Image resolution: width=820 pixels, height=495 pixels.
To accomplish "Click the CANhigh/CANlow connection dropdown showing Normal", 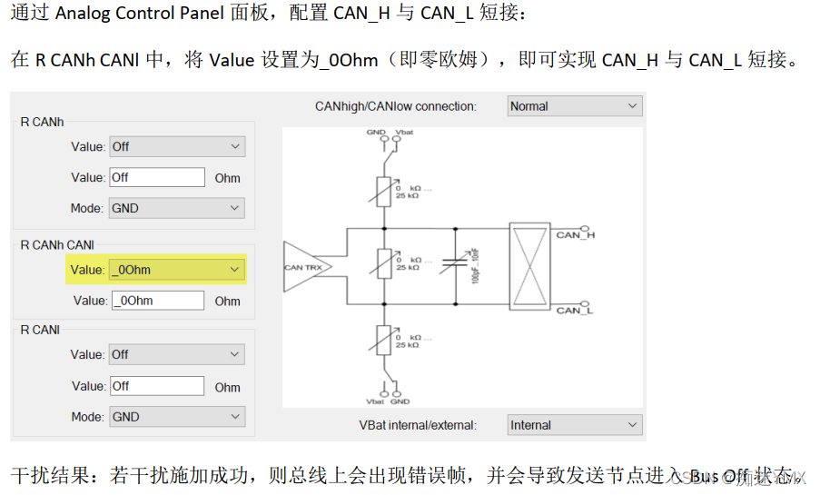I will [575, 106].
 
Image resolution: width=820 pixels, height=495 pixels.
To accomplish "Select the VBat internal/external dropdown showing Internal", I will [575, 425].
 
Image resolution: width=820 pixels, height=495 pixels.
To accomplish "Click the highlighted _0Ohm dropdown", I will [176, 270].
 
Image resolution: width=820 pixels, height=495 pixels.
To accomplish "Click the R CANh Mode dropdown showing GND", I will [176, 208].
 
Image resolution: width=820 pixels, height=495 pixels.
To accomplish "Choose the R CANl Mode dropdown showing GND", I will [176, 417].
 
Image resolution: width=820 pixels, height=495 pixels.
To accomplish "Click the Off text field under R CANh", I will [157, 177].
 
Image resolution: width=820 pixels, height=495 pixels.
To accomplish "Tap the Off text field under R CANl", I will [157, 386].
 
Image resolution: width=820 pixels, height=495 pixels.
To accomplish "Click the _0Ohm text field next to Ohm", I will [157, 301].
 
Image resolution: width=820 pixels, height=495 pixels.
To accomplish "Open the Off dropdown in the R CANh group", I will [176, 146].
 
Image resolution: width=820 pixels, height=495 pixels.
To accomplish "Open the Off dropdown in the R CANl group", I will [176, 354].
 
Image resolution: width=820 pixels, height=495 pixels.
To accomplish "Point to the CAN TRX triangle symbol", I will [303, 267].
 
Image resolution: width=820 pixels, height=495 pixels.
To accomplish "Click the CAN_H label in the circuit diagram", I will [575, 234].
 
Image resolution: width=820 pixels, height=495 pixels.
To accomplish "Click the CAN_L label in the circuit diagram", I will [575, 310].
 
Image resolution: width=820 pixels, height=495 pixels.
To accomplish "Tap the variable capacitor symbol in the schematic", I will [454, 263].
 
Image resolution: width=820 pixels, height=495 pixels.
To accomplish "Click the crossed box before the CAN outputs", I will [528, 268].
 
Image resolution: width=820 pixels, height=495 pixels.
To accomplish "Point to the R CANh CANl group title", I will [57, 244].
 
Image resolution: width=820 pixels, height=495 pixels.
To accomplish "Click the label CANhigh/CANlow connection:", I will [395, 106].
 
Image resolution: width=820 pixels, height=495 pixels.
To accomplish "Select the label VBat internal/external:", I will [418, 425].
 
